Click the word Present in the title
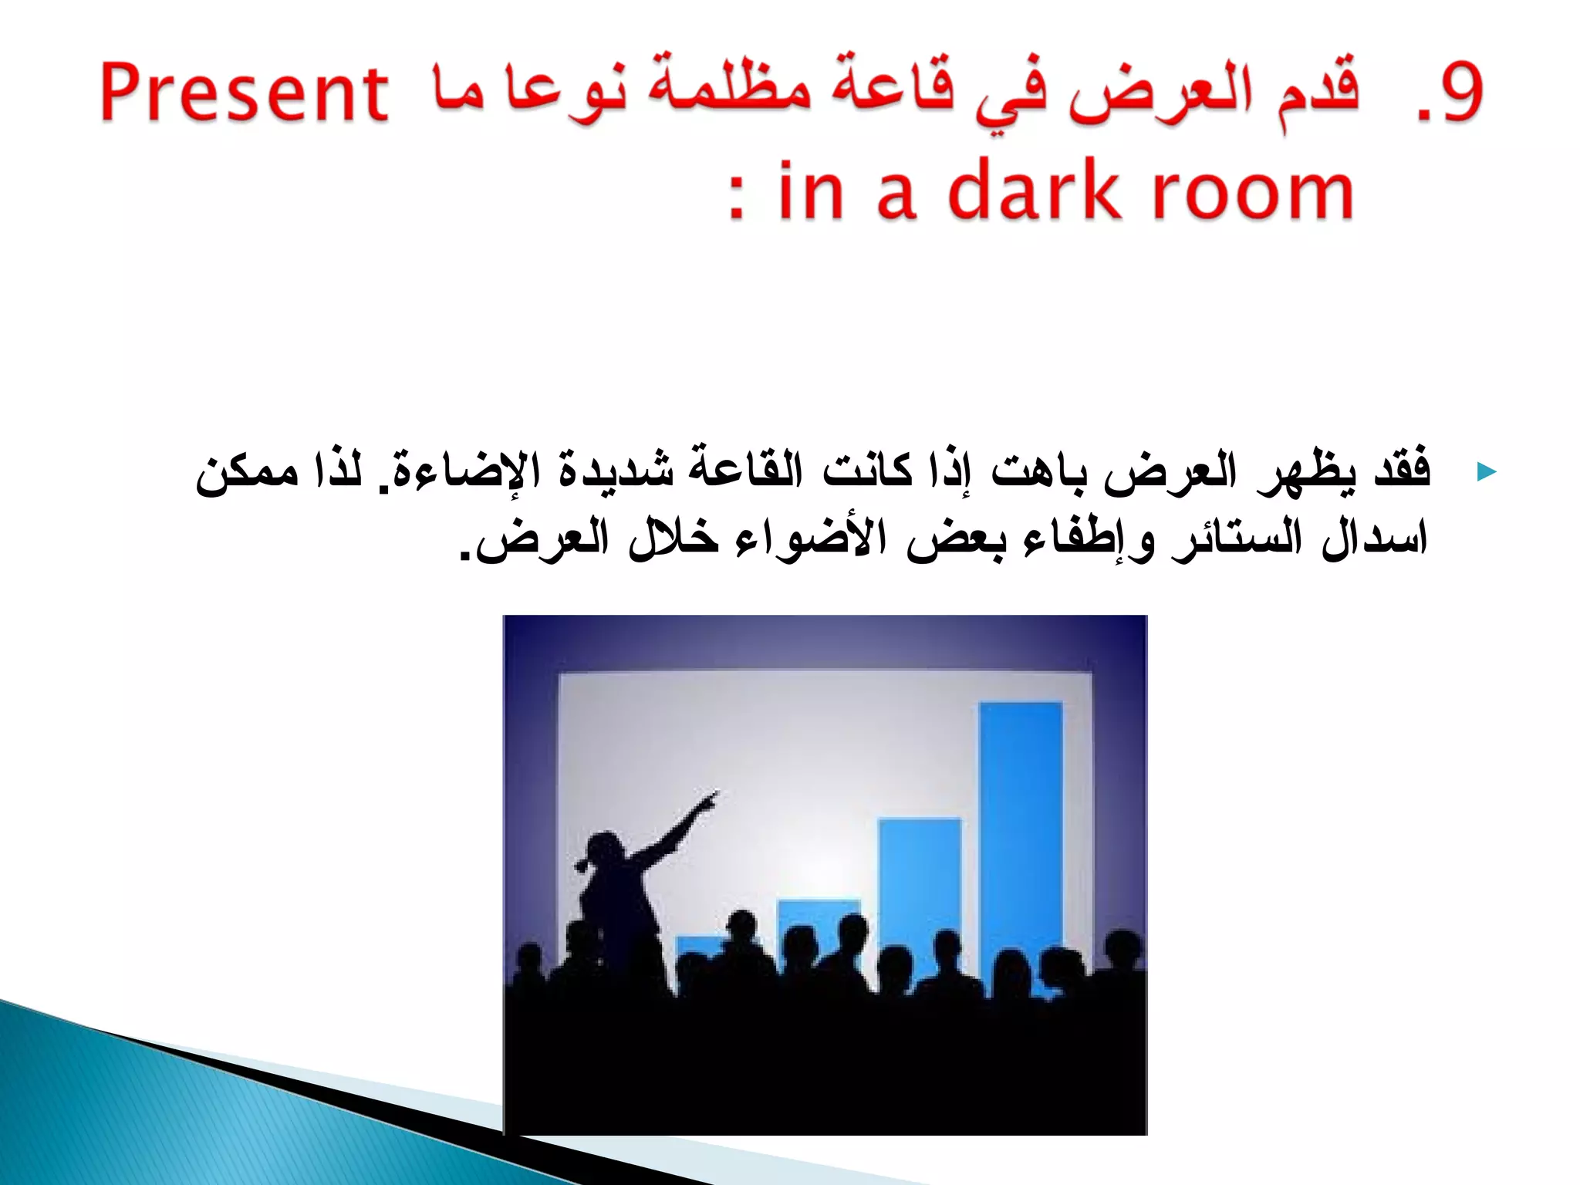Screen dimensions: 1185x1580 244,94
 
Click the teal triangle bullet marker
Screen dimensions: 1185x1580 1486,472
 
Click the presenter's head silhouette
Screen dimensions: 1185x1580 603,849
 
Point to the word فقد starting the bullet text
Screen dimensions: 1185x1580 1402,469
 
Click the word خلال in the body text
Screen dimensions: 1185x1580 673,538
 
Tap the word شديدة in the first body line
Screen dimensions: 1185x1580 616,469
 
